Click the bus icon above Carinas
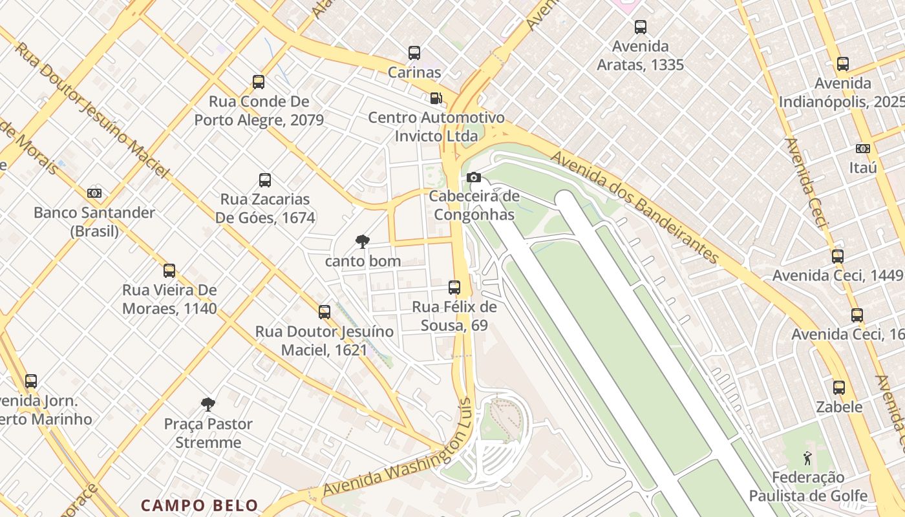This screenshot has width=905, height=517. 414,53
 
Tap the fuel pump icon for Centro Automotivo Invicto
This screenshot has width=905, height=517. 436,98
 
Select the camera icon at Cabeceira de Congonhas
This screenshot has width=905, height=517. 474,177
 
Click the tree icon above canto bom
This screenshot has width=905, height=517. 363,242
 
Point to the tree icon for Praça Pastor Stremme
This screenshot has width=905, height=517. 208,405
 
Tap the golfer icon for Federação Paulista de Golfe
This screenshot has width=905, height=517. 807,458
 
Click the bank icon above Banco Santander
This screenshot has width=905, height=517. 94,193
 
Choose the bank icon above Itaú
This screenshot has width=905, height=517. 863,149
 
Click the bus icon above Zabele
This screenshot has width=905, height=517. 839,388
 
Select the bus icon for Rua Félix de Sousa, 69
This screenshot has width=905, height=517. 454,288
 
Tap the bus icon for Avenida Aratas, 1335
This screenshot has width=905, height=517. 641,27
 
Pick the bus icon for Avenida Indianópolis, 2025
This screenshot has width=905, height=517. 843,64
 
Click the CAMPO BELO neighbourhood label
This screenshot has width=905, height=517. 200,505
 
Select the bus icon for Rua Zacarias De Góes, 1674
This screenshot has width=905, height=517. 265,180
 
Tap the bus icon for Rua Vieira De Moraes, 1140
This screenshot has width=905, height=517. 169,271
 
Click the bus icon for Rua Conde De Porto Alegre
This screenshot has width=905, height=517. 259,82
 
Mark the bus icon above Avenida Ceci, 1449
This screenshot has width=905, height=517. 838,257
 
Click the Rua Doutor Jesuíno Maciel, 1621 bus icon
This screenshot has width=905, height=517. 325,313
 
